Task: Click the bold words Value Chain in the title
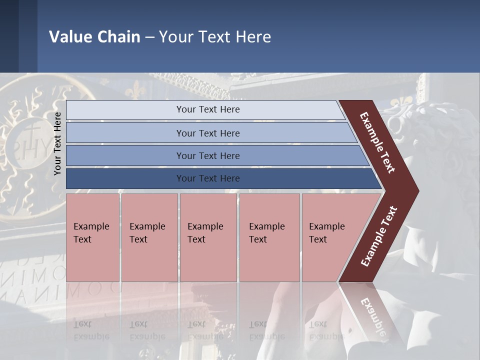tap(94, 36)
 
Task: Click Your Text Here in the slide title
tap(215, 36)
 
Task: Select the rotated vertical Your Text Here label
tap(57, 143)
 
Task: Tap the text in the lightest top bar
tap(208, 109)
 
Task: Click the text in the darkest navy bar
tap(208, 178)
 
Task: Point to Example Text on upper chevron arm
tap(377, 142)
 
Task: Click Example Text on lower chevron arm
tap(379, 236)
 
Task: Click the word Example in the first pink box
tap(91, 226)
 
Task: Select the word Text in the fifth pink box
tap(318, 239)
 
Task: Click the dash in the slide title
tap(149, 37)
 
